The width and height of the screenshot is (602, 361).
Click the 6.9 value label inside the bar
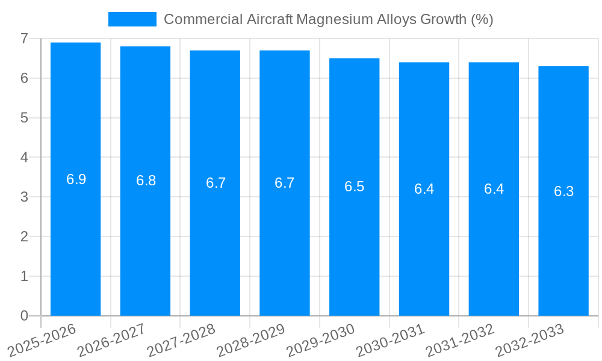coord(76,179)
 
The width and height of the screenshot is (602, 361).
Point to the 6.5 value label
coord(354,187)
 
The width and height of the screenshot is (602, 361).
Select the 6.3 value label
coord(563,191)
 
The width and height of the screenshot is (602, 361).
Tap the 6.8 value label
coord(146,180)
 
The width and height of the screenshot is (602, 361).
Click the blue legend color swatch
coord(132,19)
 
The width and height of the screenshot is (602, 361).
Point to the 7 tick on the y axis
coord(24,39)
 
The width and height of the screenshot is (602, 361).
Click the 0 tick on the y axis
coord(24,316)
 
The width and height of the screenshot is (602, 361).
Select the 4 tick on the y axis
coord(24,158)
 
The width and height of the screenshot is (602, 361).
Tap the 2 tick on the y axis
coord(24,236)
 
